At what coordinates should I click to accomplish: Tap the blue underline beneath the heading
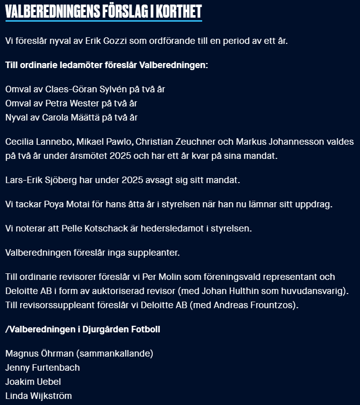point(103,21)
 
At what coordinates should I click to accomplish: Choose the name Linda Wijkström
point(38,396)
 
